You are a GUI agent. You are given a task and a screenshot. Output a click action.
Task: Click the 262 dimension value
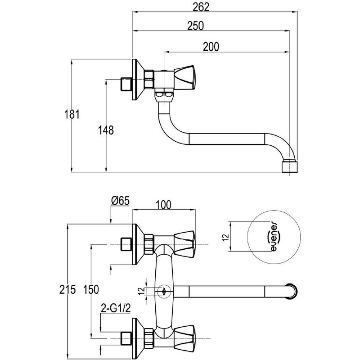tap(201, 7)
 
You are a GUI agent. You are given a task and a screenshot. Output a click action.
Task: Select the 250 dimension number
tap(195, 26)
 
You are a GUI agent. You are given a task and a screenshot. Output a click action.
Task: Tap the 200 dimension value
tap(211, 47)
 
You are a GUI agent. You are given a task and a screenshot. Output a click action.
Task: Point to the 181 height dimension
tap(72, 114)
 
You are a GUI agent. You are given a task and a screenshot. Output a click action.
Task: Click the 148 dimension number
tap(106, 130)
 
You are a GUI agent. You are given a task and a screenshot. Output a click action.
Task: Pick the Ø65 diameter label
tap(120, 201)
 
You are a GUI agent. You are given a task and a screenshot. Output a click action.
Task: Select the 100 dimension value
tap(163, 205)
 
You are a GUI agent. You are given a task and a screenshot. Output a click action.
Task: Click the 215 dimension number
tap(67, 289)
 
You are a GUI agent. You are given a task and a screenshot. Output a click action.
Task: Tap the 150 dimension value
tap(91, 289)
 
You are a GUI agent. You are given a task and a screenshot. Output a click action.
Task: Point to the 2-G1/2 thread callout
tap(116, 308)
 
